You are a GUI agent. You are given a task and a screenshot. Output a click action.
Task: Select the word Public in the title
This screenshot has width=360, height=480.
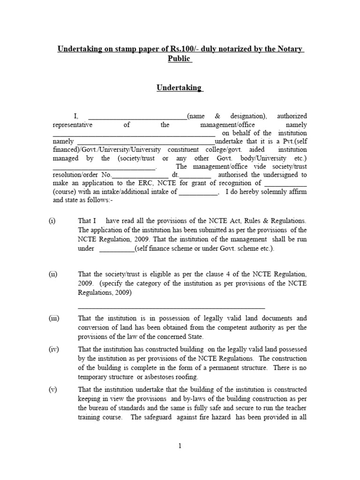coord(180,59)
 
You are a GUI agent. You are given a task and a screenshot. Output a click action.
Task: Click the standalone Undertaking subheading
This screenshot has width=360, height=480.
coord(180,88)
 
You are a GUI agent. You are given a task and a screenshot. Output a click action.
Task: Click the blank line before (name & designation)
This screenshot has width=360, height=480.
coord(137,116)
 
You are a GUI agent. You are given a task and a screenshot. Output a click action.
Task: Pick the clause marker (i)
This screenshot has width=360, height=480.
coord(52,221)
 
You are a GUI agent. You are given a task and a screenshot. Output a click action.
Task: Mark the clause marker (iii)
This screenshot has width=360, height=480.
coord(53,318)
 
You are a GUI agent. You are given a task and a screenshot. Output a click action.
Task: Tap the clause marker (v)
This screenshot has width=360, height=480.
coord(52,390)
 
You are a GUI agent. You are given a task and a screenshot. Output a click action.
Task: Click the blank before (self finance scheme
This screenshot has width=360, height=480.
coord(116,249)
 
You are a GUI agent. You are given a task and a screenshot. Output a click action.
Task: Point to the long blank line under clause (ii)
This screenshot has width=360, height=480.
coord(171,307)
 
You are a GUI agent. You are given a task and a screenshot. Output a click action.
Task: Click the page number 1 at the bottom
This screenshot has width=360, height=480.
coord(180,446)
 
